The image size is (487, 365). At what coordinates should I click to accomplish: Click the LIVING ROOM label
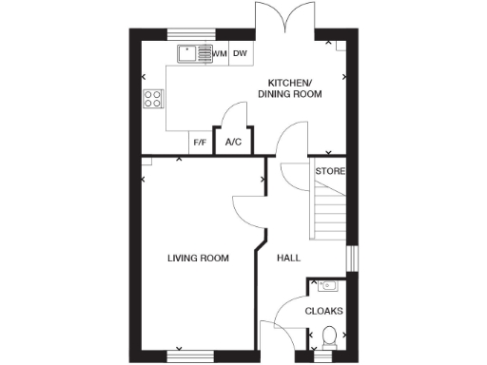(198, 258)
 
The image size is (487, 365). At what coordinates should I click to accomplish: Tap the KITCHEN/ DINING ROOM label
(295, 87)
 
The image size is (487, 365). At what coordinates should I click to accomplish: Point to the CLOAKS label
(324, 311)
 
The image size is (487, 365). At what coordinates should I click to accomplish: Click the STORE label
(330, 171)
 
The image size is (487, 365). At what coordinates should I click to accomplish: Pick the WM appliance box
(220, 54)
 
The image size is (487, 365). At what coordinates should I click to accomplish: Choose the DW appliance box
(241, 54)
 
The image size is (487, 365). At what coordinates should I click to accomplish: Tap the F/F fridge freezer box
(201, 143)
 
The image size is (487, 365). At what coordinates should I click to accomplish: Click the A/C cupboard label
(233, 143)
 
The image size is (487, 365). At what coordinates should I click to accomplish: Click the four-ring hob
(153, 99)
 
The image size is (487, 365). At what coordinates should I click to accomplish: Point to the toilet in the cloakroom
(328, 337)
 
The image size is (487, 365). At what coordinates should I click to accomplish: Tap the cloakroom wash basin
(328, 284)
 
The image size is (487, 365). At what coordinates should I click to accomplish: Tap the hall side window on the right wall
(351, 258)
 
